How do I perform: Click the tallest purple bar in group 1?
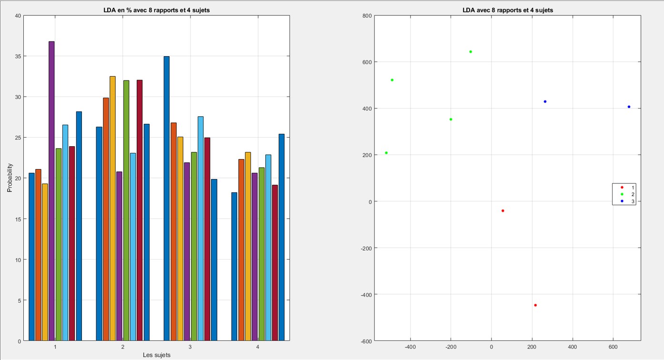coord(51,190)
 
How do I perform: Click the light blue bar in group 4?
coord(268,248)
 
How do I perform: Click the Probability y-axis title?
coord(10,178)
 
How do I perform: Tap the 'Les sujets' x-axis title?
coord(157,355)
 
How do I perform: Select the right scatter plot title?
coord(508,10)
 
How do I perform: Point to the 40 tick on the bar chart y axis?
coord(18,16)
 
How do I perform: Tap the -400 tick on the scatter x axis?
coord(410,347)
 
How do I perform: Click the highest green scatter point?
coord(471,51)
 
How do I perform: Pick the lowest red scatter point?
coord(535,305)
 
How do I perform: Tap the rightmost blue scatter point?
coord(629,107)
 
